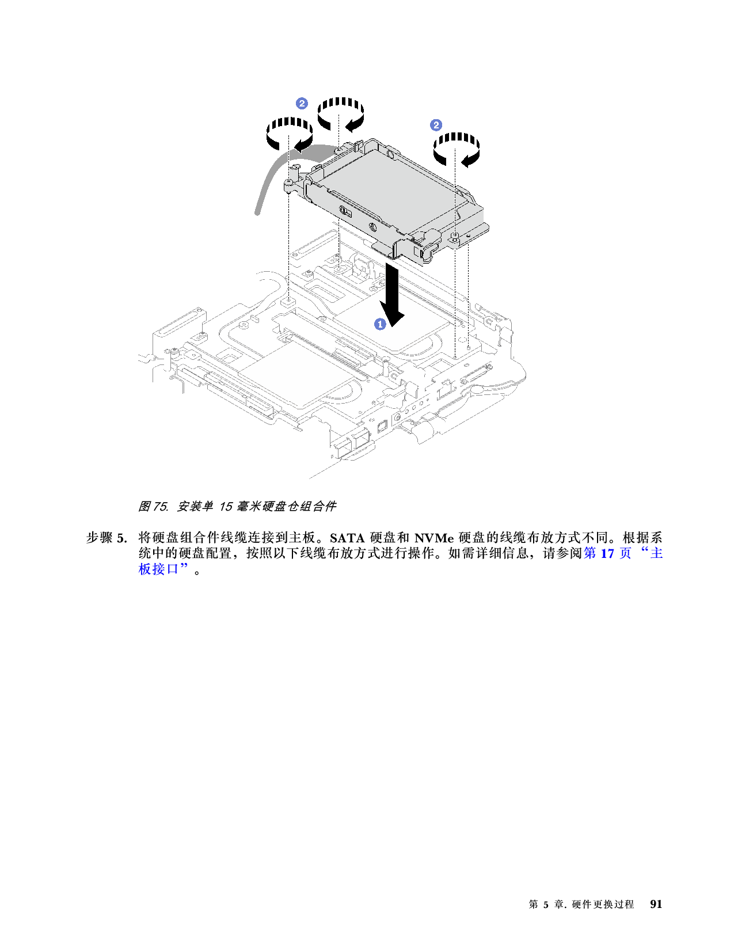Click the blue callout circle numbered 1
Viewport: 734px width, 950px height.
[x=380, y=324]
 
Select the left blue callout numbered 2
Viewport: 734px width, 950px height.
[x=302, y=104]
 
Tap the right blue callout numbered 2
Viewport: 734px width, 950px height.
[x=436, y=125]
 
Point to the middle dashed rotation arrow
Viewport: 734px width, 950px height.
[x=341, y=112]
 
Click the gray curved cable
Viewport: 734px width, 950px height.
[x=271, y=178]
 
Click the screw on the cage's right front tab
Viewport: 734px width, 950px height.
[x=454, y=235]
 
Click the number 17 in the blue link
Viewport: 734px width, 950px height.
[x=607, y=553]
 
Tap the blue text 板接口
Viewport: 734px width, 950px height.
[x=159, y=569]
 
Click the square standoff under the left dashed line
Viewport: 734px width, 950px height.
[x=287, y=301]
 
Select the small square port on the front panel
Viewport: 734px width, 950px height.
[x=382, y=427]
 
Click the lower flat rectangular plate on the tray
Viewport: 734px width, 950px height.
[x=294, y=374]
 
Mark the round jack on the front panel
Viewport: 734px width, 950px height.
[x=397, y=416]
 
